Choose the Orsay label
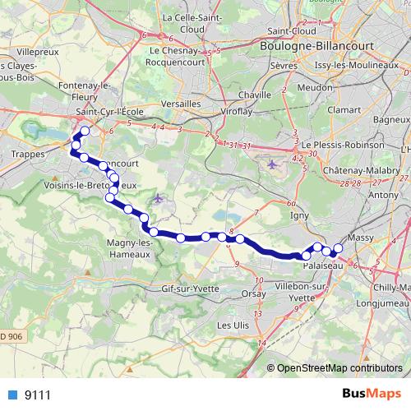click(x=252, y=293)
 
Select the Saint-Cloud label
click(x=293, y=30)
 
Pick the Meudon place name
click(x=313, y=85)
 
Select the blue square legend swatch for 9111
click(x=13, y=395)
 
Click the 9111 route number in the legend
click(x=37, y=395)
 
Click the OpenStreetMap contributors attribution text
click(x=339, y=368)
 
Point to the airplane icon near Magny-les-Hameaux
click(x=159, y=198)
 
